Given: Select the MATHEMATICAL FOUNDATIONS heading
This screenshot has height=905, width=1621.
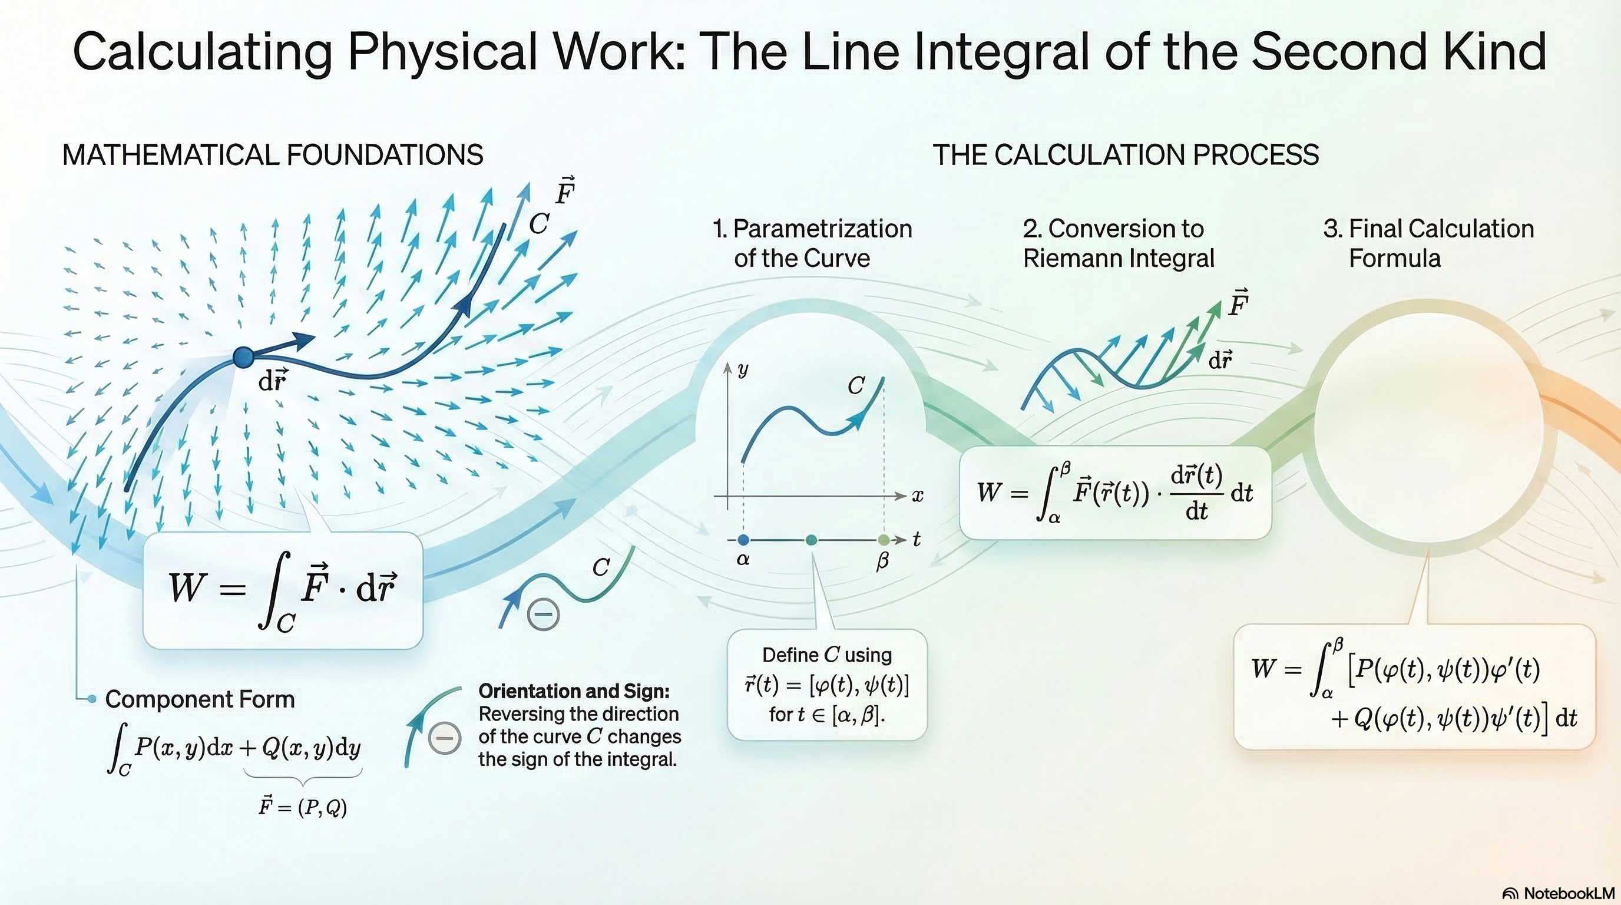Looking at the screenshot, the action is coord(273,155).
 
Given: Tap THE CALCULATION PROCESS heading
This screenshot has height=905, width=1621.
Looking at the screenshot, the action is coord(1125,155).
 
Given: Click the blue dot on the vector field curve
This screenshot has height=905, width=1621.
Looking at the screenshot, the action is coord(243,357).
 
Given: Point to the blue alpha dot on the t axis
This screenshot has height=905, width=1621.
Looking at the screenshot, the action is coord(743,539).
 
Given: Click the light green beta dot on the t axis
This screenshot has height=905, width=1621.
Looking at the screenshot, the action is coord(884,539).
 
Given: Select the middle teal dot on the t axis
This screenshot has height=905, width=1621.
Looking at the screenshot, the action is coord(811,539).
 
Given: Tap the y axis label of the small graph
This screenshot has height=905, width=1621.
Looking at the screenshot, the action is coord(743,370).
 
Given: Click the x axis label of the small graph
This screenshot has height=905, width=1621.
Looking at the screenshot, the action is coord(918,496).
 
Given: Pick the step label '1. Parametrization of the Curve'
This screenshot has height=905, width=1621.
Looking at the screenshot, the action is coord(812,243).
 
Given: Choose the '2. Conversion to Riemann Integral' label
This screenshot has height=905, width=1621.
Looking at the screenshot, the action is coord(1118,243).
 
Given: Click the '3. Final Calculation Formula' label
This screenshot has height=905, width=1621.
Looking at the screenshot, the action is coord(1428,243).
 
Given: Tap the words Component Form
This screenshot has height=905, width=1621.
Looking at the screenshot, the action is coord(200,699).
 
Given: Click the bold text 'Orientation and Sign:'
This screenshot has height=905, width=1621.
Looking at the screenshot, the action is coord(574,691).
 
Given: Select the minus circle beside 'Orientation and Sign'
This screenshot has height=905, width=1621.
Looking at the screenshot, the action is coord(444,738).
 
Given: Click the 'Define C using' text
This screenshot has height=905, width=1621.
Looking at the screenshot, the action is coord(827,655).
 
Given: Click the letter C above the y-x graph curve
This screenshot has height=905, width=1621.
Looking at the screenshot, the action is coord(856,386).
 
